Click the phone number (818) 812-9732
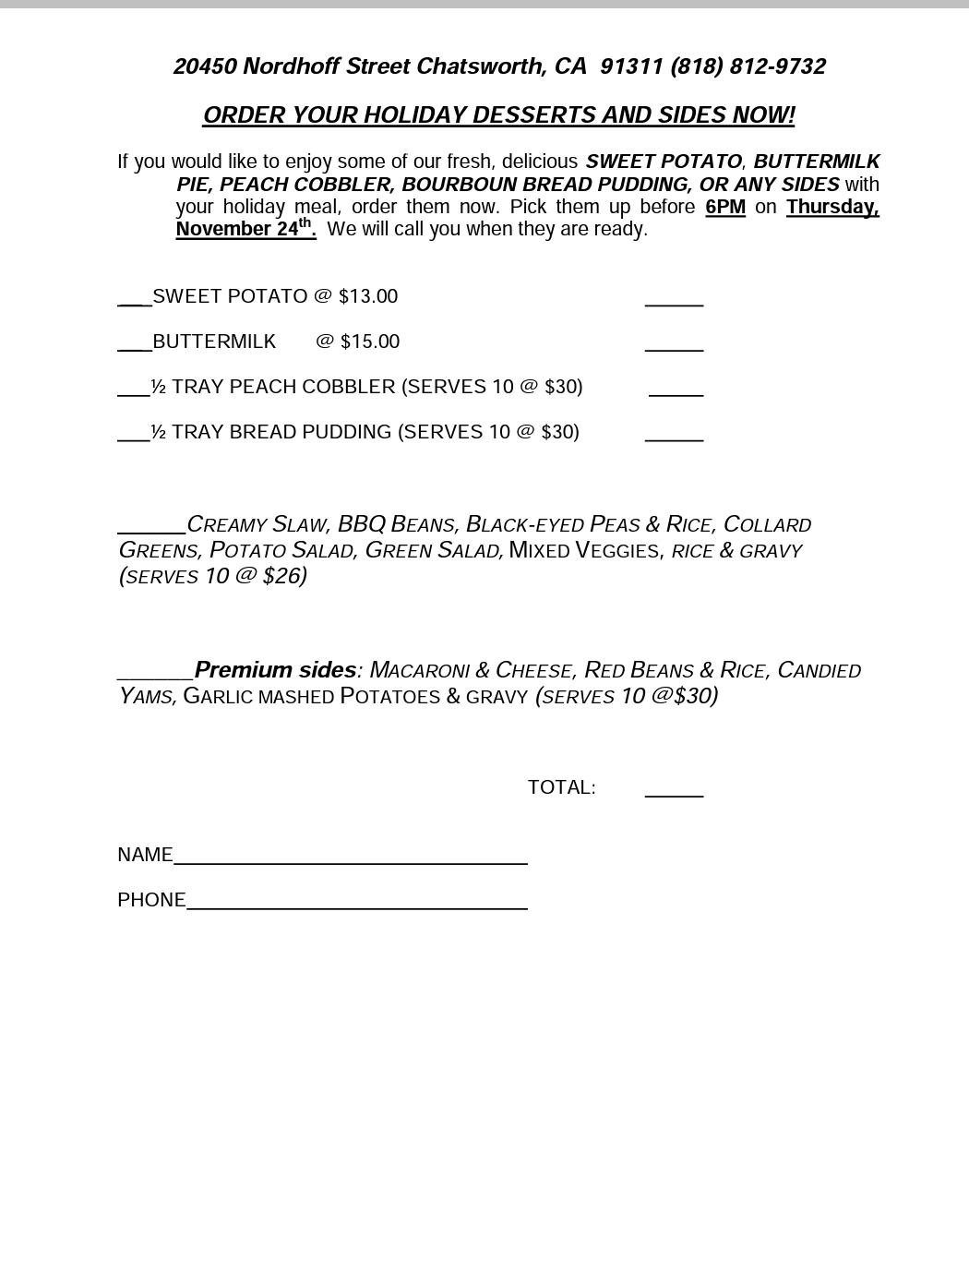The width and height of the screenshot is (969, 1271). pyautogui.click(x=748, y=66)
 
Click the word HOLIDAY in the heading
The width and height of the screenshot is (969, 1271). pyautogui.click(x=413, y=115)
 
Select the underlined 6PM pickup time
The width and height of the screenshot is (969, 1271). pyautogui.click(x=724, y=207)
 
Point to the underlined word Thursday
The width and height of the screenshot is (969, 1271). pyautogui.click(x=831, y=207)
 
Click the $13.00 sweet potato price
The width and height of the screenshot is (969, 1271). pyautogui.click(x=368, y=296)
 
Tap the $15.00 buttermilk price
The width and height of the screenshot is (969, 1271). pyautogui.click(x=370, y=342)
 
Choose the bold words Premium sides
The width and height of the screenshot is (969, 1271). pyautogui.click(x=275, y=669)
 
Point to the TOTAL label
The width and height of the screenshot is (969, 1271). pyautogui.click(x=561, y=787)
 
